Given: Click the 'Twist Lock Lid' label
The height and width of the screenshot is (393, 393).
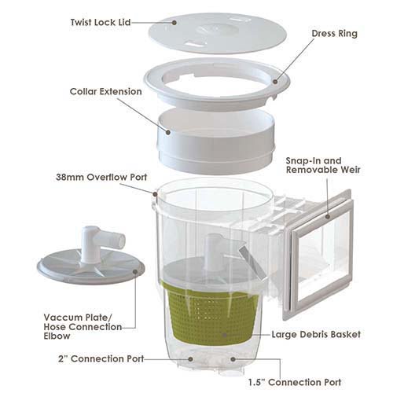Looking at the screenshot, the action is click(101, 22).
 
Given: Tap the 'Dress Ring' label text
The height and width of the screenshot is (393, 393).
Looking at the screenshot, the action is click(335, 34).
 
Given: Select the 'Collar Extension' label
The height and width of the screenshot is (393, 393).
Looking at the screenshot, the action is click(106, 91).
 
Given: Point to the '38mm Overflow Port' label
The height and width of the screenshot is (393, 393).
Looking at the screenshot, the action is click(101, 177).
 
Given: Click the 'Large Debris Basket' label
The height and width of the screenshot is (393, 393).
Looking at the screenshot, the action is click(316, 334).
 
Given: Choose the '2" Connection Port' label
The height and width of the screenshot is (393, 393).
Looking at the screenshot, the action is click(101, 358).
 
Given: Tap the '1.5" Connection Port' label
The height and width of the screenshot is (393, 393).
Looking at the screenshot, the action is click(295, 382).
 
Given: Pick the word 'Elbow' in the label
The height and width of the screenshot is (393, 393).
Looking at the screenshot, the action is click(57, 336).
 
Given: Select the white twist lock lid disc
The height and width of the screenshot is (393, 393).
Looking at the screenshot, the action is click(217, 33).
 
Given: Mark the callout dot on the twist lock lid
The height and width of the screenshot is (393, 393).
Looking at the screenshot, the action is click(174, 23).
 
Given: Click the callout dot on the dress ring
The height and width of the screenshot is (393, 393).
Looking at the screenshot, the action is click(275, 82).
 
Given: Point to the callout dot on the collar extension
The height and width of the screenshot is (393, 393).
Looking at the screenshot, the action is click(168, 132).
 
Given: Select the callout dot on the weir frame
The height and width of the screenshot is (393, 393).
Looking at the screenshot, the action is click(327, 216).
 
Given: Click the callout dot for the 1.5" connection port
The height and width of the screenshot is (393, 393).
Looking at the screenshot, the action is click(233, 359).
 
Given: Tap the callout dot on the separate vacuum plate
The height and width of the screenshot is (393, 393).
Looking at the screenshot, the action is click(135, 271).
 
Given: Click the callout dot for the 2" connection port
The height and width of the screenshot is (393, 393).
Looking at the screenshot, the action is click(191, 359).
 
